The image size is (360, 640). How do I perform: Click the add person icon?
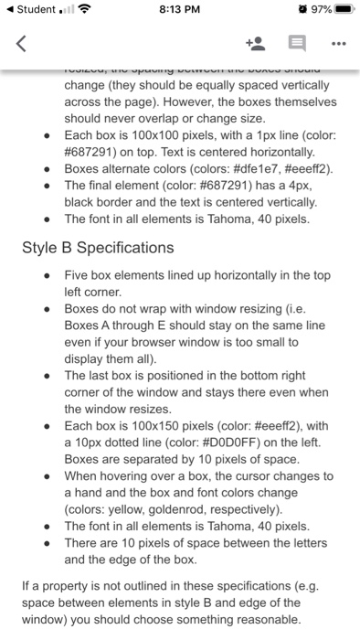point(255,43)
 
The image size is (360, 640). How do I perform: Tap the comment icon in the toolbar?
point(297,43)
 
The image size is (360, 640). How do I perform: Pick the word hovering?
point(134,476)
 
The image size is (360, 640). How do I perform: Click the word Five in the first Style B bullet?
point(78,274)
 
